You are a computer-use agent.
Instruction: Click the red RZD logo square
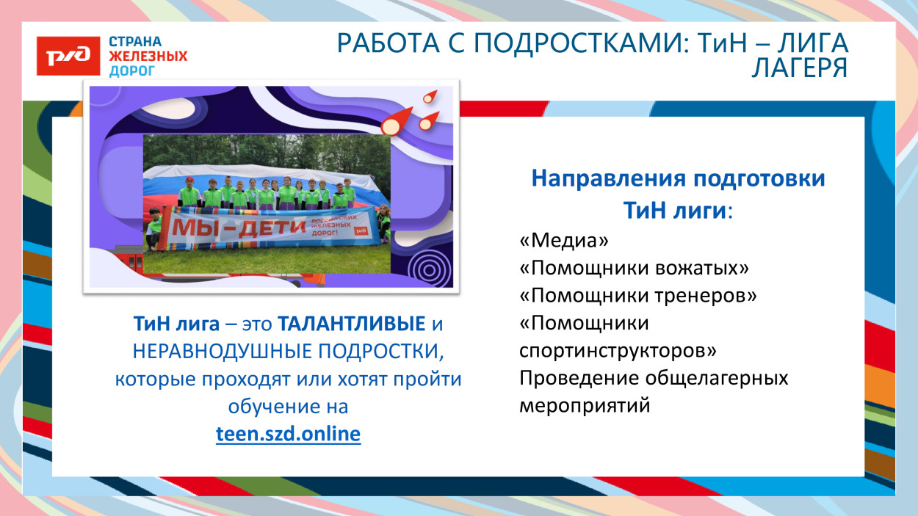[x=68, y=55]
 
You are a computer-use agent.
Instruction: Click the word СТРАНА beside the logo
[x=135, y=42]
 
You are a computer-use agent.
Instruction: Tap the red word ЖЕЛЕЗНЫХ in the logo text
[x=148, y=57]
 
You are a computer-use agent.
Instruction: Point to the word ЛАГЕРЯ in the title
[x=800, y=68]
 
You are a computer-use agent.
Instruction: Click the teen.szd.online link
[x=288, y=434]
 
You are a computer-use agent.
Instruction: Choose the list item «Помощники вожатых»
[x=634, y=268]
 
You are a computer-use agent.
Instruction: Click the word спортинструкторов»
[x=618, y=351]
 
